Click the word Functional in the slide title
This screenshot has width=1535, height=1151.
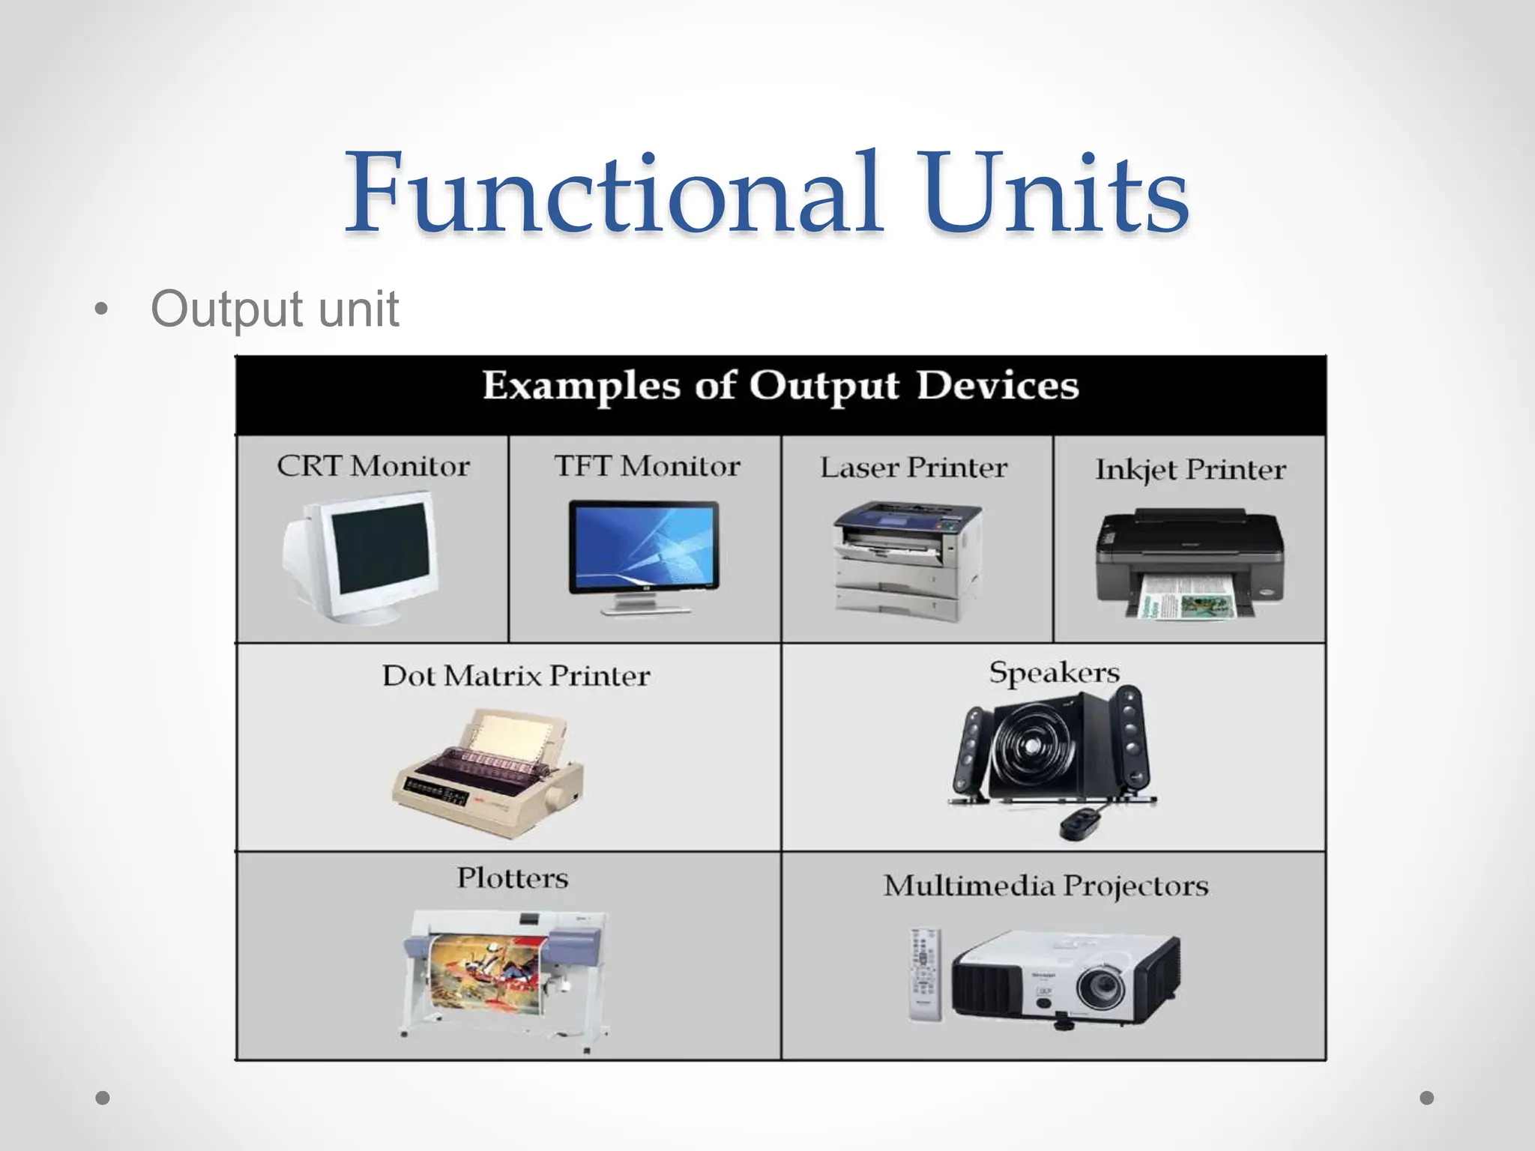pos(611,193)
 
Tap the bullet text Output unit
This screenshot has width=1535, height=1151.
pos(274,309)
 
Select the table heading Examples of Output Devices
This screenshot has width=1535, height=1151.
pos(780,387)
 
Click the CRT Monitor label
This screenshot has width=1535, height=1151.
pos(373,466)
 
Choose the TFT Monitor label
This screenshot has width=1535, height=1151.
pos(647,466)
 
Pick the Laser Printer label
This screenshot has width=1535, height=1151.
pos(914,468)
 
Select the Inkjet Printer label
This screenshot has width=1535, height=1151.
pos(1190,470)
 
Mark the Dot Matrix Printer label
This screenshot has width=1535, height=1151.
pos(516,676)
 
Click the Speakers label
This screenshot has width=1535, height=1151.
pos(1054,672)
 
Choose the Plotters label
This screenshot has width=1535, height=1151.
pos(513,877)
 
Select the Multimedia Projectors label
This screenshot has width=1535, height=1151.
pos(1046,886)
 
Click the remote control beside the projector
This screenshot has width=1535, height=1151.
pos(925,973)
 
